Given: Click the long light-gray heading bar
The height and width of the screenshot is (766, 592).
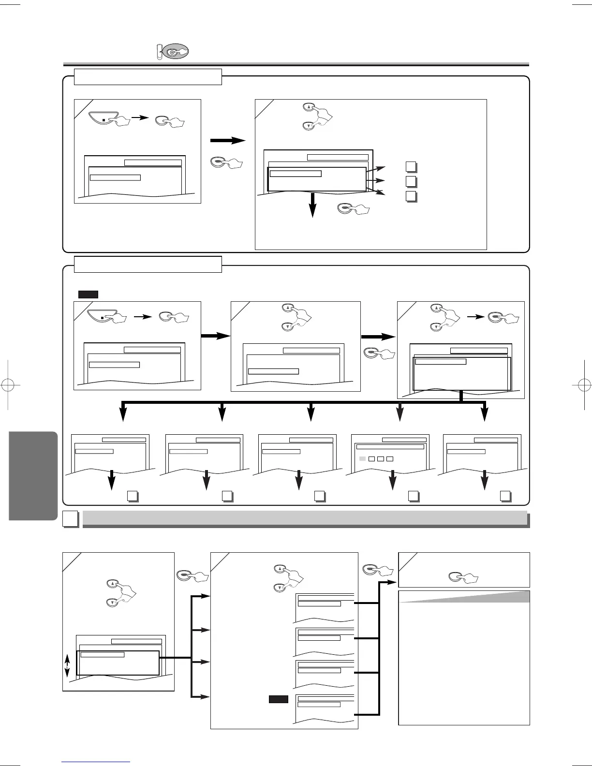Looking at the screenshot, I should tap(305, 518).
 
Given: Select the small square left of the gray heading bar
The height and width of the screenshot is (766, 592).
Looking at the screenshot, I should tap(71, 519).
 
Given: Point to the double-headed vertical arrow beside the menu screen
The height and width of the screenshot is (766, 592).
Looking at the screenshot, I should tap(68, 666).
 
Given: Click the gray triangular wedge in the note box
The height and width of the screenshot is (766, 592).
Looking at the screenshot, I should tap(464, 597).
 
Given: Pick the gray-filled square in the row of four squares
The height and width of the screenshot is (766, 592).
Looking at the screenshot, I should tap(362, 458).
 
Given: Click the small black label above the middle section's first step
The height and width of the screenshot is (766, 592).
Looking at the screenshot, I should tap(88, 294).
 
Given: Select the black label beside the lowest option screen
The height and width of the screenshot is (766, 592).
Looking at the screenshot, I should tap(279, 699).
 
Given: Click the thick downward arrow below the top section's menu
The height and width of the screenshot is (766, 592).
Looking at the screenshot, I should tap(313, 205).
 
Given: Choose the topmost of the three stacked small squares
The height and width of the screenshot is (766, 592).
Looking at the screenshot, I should tap(411, 167).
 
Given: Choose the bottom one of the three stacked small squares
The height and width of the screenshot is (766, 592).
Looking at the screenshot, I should tap(411, 196).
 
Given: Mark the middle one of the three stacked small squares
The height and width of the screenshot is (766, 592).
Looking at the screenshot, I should tap(411, 181).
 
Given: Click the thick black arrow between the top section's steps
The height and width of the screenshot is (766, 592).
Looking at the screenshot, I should tap(228, 141).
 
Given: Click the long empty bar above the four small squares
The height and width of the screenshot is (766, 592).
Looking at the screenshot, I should tap(390, 447).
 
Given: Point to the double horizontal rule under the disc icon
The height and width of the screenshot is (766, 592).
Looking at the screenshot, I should tap(296, 65).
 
